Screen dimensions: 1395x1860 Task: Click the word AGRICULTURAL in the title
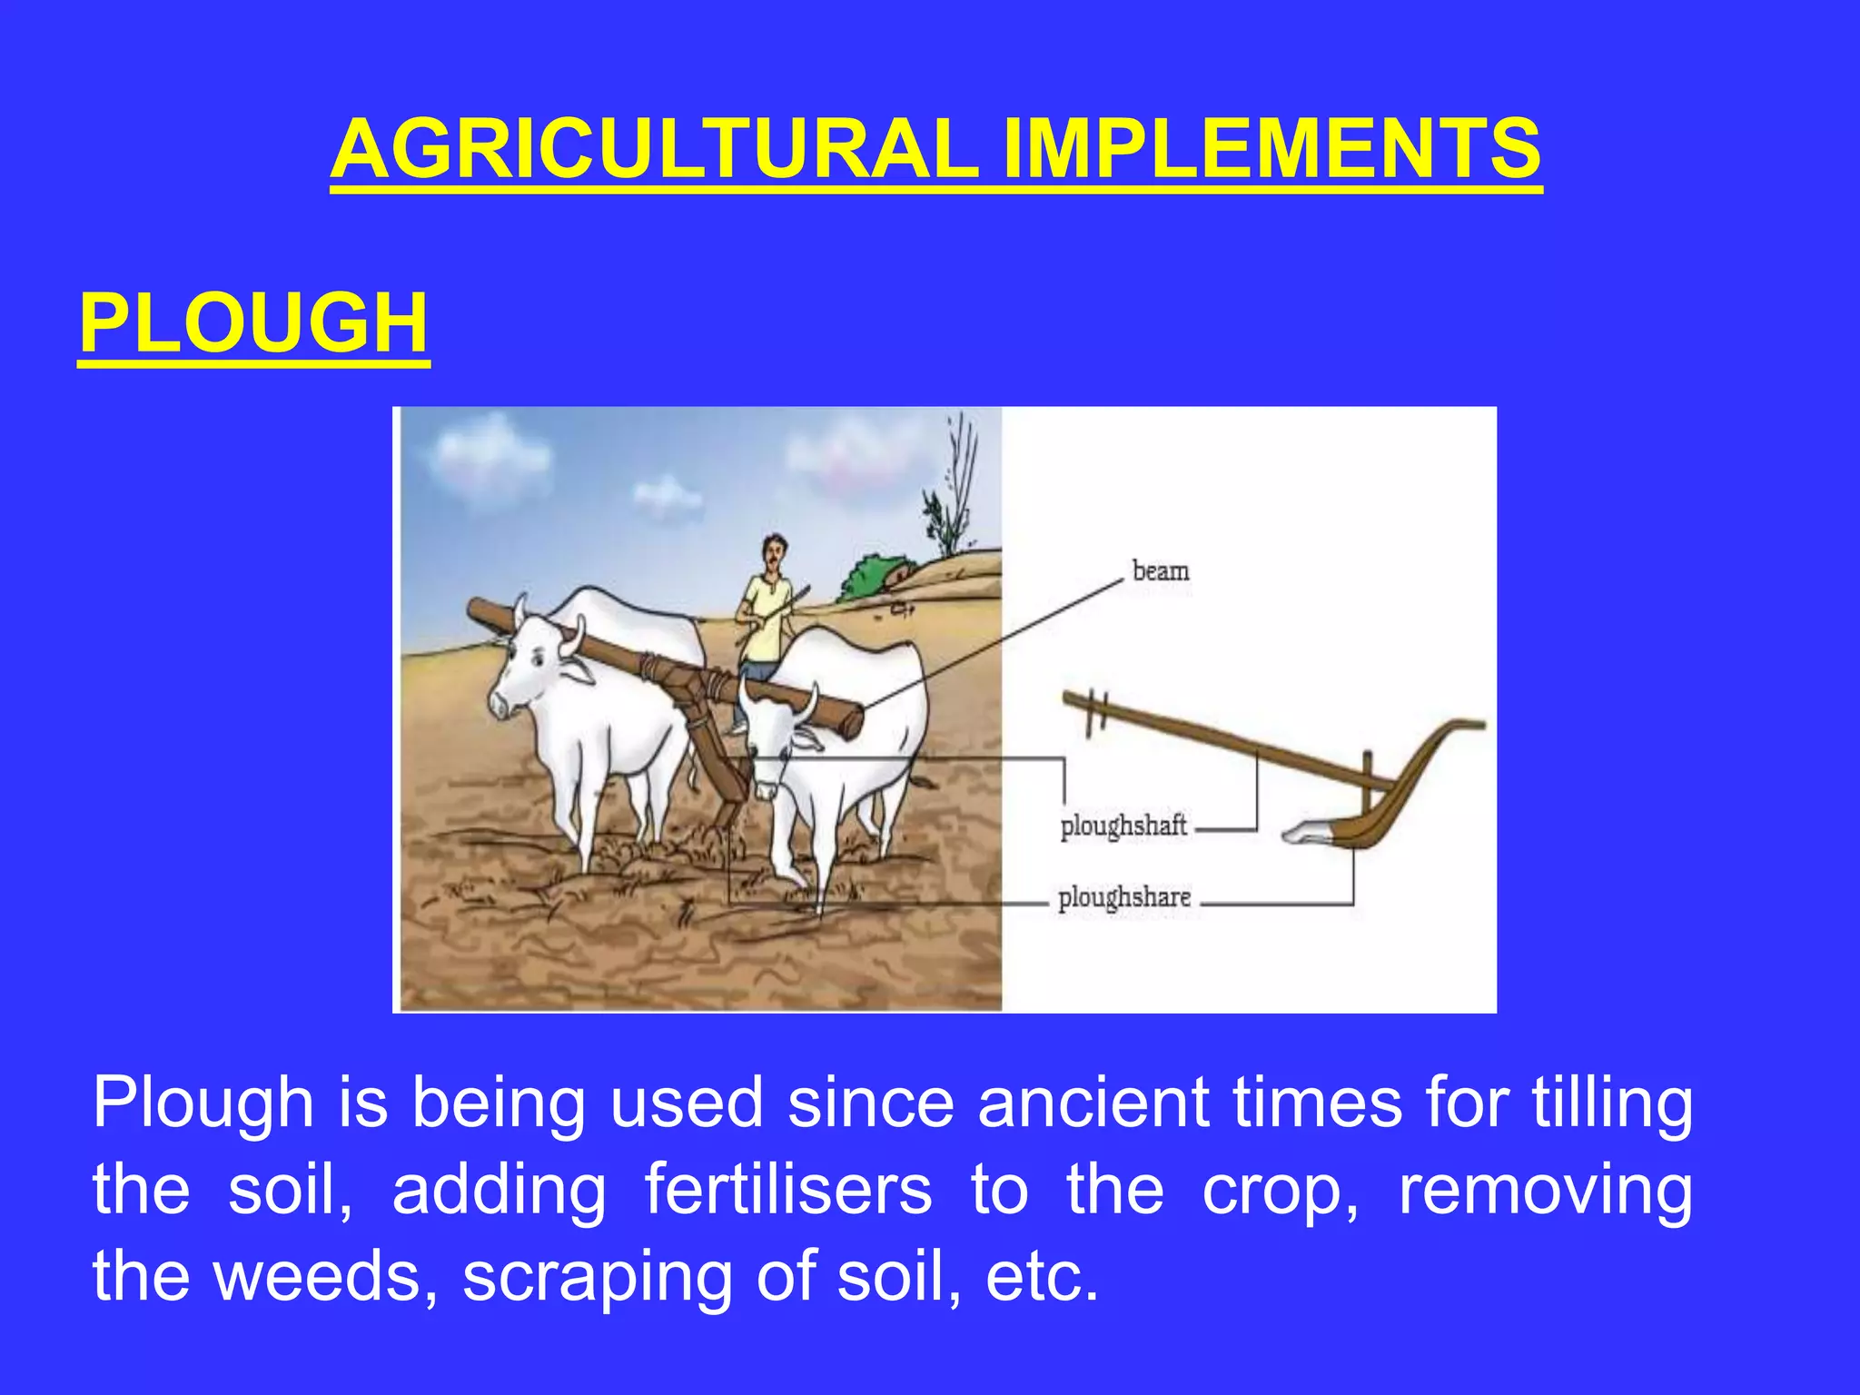click(x=654, y=150)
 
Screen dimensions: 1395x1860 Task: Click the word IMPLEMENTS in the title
click(x=1271, y=150)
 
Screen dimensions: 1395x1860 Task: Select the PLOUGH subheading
click(x=253, y=324)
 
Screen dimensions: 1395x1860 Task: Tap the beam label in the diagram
click(x=1160, y=571)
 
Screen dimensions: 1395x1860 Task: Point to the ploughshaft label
click(x=1123, y=826)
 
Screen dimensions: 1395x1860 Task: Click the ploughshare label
click(x=1123, y=897)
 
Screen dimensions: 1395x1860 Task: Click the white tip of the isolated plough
click(x=1305, y=831)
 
